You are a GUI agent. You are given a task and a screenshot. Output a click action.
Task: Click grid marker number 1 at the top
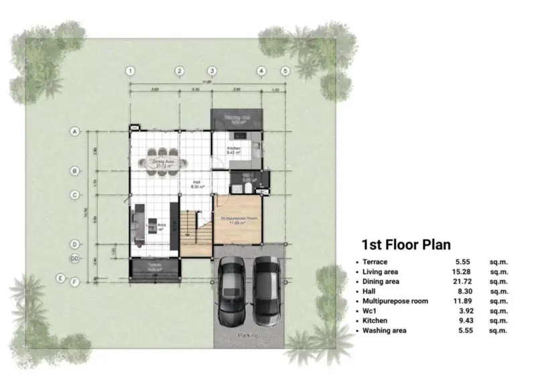(x=131, y=71)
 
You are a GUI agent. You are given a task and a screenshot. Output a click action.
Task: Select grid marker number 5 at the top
(x=285, y=71)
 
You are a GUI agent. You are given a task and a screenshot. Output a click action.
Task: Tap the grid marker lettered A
(x=75, y=132)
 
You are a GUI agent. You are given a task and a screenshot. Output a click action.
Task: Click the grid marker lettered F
(x=76, y=282)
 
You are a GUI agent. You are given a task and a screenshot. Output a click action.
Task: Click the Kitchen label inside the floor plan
(x=232, y=149)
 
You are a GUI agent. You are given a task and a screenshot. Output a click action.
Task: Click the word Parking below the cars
(x=248, y=335)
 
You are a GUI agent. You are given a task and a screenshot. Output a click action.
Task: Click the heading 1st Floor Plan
(x=406, y=244)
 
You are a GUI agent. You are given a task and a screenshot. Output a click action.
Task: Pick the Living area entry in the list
(x=381, y=273)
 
